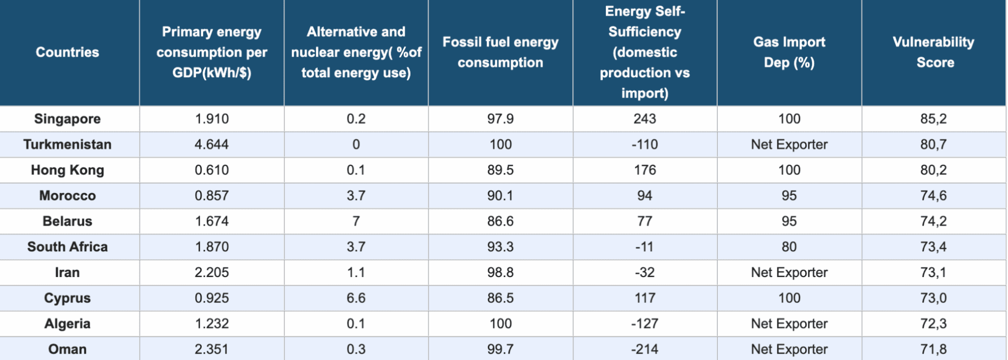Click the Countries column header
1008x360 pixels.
67,52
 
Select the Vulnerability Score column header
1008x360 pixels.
933,52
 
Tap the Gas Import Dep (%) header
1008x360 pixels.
789,52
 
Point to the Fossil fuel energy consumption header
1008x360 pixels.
500,52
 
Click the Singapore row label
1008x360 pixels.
67,119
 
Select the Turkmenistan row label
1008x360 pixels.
67,144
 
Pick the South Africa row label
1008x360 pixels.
67,247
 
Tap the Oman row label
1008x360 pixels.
67,349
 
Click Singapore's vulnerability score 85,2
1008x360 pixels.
933,119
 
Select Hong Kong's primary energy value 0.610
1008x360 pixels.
212,170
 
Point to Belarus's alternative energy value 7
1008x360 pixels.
356,221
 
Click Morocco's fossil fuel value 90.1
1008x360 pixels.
500,196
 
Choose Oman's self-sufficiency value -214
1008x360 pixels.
645,349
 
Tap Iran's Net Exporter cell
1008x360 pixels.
789,272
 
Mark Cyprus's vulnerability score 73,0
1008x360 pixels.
933,298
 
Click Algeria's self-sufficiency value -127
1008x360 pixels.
645,323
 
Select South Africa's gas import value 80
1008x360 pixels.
789,247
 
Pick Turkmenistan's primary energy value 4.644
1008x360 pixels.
212,144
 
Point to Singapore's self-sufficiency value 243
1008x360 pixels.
645,119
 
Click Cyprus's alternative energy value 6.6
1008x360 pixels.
356,298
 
